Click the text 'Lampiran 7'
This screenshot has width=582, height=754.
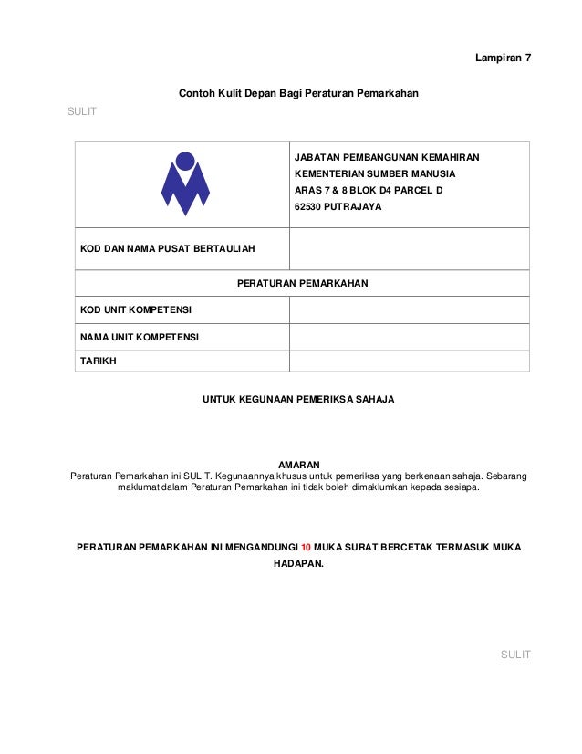[x=503, y=58]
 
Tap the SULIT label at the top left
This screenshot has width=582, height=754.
[x=82, y=111]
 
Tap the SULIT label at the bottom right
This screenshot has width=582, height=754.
[x=515, y=655]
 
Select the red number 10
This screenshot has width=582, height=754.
[x=307, y=547]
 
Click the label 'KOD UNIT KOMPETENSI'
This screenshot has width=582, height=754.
[x=136, y=310]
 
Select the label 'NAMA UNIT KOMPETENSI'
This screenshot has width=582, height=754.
[x=140, y=337]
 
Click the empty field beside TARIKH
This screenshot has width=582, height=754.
[x=409, y=361]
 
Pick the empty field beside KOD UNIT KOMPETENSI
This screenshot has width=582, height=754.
[x=409, y=310]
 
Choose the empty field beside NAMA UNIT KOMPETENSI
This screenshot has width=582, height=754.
[x=409, y=337]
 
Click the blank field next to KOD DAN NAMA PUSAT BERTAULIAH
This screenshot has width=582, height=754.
[x=409, y=248]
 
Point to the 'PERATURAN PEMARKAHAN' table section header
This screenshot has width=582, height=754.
[x=302, y=284]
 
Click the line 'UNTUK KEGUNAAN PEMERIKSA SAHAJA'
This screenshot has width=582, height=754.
[x=298, y=400]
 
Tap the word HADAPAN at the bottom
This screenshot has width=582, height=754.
[x=298, y=564]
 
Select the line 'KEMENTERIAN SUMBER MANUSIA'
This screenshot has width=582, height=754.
[x=375, y=173]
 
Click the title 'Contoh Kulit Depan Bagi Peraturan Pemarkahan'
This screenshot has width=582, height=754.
[x=298, y=92]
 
